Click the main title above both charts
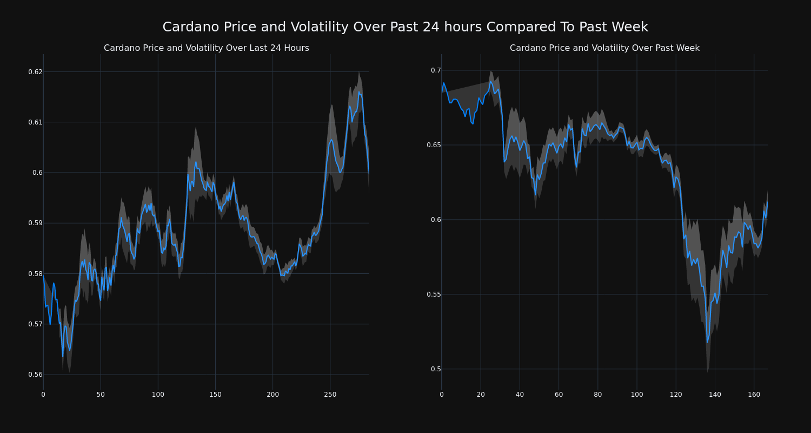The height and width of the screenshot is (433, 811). click(405, 27)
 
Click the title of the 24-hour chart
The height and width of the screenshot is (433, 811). click(206, 48)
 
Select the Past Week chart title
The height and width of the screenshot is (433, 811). click(604, 48)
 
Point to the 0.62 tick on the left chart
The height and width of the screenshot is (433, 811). click(35, 72)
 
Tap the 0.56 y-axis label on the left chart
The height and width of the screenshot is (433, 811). click(35, 375)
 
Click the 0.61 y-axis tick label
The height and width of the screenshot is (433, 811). click(35, 122)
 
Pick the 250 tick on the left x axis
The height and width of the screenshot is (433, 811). click(330, 395)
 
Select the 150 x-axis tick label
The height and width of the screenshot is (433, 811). click(215, 395)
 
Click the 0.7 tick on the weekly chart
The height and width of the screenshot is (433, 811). click(436, 70)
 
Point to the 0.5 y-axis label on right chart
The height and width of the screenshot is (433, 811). click(436, 369)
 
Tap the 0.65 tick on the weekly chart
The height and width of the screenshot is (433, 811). click(434, 145)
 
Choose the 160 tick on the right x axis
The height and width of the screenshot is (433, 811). click(754, 395)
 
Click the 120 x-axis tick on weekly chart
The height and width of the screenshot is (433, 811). click(675, 395)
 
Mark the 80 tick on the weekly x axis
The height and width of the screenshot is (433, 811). click(597, 395)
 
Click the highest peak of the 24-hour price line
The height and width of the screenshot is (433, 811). click(358, 92)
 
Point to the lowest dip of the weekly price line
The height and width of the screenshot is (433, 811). click(707, 342)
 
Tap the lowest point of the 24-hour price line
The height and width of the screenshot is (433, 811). click(63, 356)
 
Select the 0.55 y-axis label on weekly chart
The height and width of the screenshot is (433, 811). click(434, 294)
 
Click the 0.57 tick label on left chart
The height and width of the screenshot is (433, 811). click(35, 324)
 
